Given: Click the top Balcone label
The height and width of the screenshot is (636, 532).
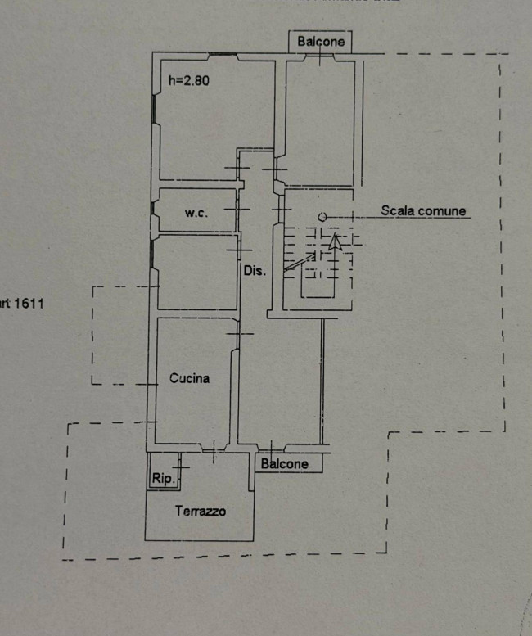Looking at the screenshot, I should tap(321, 42).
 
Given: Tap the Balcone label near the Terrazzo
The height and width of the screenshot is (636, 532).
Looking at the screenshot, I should tap(285, 464).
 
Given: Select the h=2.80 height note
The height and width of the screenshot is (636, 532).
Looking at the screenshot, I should tap(190, 81).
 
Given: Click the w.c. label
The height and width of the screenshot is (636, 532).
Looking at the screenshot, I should tap(196, 213).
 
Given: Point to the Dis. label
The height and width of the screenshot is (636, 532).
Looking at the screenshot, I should tap(254, 271).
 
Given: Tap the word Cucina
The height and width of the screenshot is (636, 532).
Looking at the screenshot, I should tap(190, 378).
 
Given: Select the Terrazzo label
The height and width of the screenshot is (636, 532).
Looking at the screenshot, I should tap(201, 512).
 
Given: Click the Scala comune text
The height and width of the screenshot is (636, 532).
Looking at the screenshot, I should tap(423, 211).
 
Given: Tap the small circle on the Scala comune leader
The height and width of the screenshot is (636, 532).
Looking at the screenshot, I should tap(322, 217).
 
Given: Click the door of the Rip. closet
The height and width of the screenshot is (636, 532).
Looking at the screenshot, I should tap(180, 467).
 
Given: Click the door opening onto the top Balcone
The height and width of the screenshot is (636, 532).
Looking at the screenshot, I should tap(318, 56).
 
